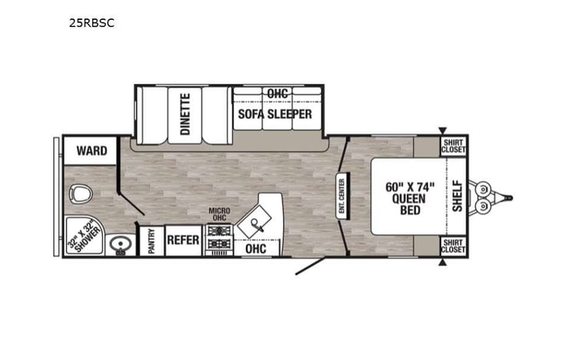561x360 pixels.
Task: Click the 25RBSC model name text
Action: pyautogui.click(x=91, y=22)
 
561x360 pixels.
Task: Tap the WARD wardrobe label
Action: pyautogui.click(x=91, y=150)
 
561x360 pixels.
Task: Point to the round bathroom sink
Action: pyautogui.click(x=120, y=245)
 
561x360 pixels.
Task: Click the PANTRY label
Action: pyautogui.click(x=151, y=241)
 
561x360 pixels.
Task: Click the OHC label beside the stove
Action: pyautogui.click(x=256, y=249)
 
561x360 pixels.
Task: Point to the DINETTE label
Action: pyautogui.click(x=185, y=114)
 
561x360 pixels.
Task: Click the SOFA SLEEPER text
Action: pyautogui.click(x=274, y=114)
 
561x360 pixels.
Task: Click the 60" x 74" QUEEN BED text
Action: pyautogui.click(x=410, y=197)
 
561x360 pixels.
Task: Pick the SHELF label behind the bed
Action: pyautogui.click(x=457, y=197)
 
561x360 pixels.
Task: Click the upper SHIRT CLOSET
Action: pyautogui.click(x=453, y=146)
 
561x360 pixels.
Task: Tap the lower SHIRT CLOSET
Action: pyautogui.click(x=453, y=246)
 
